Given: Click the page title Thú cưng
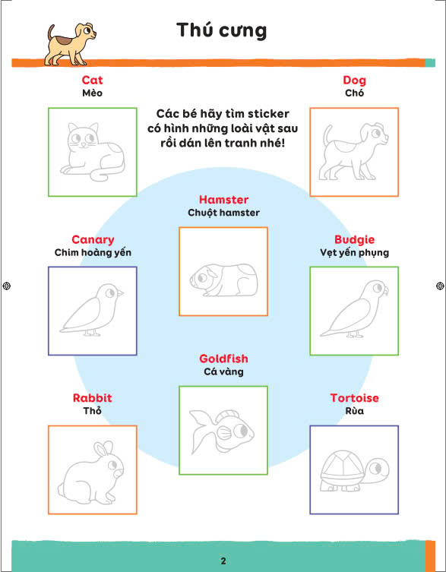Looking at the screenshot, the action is (x=222, y=30).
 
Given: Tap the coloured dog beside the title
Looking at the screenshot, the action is (x=70, y=45).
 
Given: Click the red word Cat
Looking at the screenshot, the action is (x=93, y=80).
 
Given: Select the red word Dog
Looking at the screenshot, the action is (x=354, y=81).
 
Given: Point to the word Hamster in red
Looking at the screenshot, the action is (x=223, y=200).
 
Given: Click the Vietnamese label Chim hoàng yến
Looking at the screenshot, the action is (x=93, y=252).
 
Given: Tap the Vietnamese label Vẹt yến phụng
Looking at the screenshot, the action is (x=354, y=252).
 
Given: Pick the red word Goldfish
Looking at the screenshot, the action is (x=223, y=359).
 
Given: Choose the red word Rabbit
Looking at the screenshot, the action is (x=93, y=398).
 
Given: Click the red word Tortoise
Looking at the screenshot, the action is (x=354, y=398).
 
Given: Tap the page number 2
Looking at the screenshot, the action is (x=223, y=561).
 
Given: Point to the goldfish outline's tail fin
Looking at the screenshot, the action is (x=199, y=431).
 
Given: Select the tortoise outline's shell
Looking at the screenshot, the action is (x=343, y=465).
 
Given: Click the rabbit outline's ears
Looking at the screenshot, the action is (x=103, y=449).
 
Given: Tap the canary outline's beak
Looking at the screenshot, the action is (x=120, y=293).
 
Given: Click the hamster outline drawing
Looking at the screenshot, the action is (x=223, y=280).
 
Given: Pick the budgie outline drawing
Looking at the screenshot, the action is (x=354, y=309).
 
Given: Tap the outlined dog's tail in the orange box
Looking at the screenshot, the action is (x=327, y=136).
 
